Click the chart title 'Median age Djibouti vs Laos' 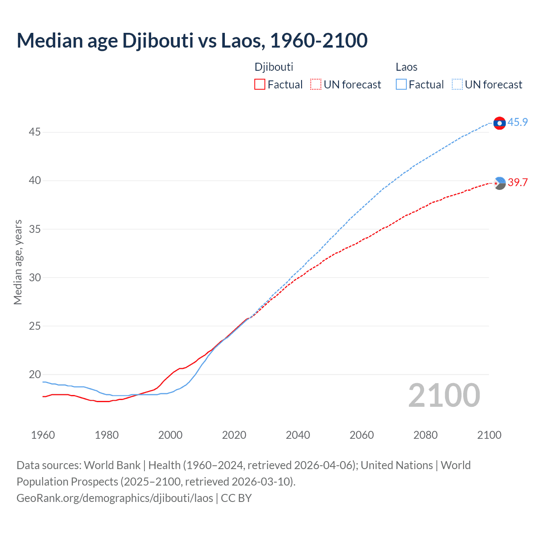coord(192,40)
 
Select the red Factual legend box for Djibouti coord(260,85)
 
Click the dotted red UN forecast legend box coord(316,85)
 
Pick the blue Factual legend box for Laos coord(401,85)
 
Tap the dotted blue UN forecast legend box coord(457,85)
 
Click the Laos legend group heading coord(406,67)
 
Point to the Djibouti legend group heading coord(274,67)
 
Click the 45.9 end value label coord(518,122)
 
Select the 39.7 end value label coord(518,182)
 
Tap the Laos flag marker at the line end coord(499,123)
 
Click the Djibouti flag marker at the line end coord(499,183)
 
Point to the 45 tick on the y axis coord(35,132)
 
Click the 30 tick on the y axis coord(35,278)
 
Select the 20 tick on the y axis coord(35,374)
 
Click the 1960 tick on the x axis coord(43,435)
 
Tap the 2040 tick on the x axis coord(298,435)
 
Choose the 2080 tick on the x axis coord(425,435)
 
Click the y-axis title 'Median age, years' coord(18,262)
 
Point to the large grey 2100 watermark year coord(444,395)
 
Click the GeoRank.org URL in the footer coord(115,498)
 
